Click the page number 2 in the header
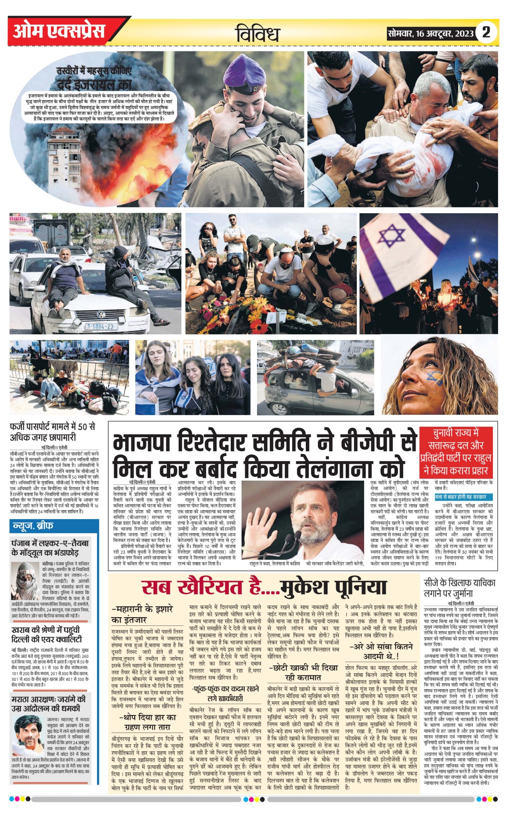(x=486, y=32)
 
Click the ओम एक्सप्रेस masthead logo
(x=59, y=31)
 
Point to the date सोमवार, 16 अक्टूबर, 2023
(x=431, y=33)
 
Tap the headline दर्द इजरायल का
(x=94, y=85)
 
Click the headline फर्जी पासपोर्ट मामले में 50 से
(x=53, y=428)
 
